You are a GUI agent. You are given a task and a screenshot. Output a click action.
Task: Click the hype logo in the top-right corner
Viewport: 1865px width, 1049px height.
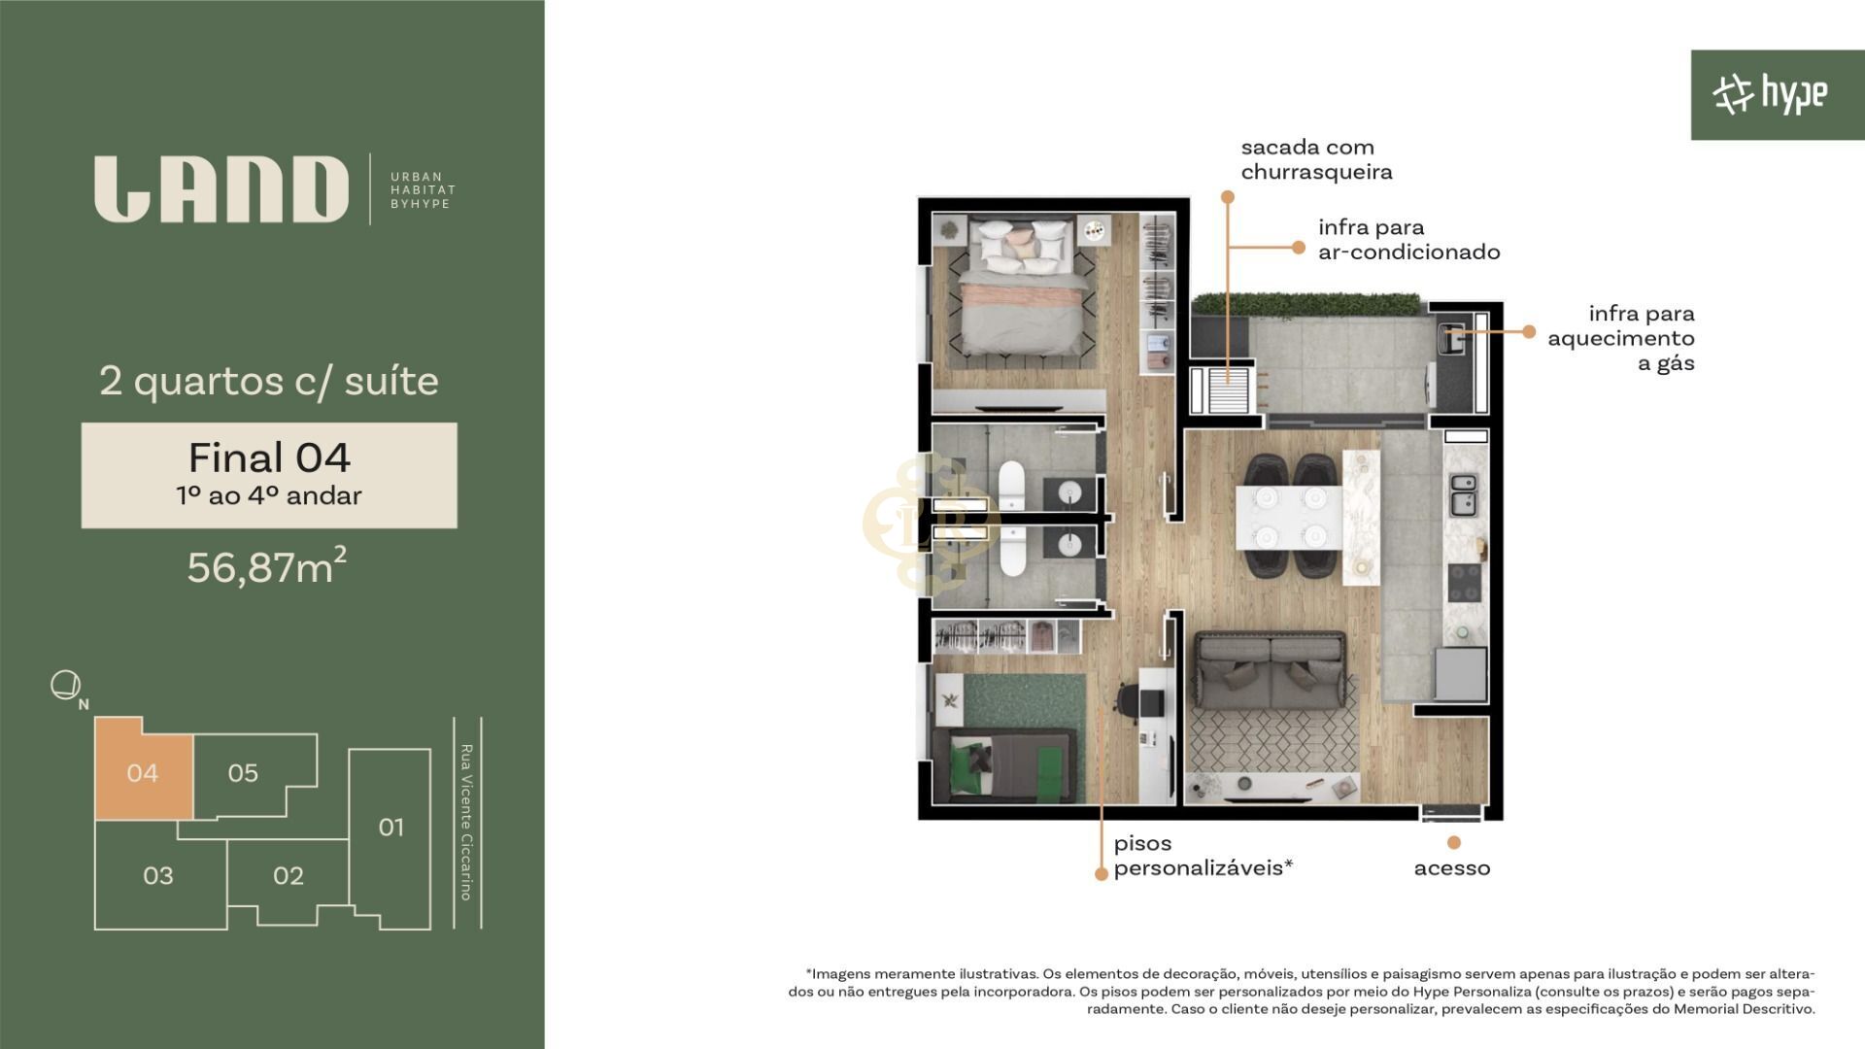coord(1769,94)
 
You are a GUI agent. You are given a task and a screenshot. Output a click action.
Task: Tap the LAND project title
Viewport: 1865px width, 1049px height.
coord(221,189)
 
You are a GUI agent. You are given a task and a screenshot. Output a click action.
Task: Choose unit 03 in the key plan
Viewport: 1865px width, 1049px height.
coord(159,875)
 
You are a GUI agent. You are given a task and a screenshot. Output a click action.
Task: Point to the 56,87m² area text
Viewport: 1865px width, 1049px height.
coord(266,566)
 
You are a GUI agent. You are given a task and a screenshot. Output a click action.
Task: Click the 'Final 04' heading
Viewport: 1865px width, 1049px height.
coord(269,457)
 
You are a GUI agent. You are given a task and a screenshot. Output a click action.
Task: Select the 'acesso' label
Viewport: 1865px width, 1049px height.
coord(1452,868)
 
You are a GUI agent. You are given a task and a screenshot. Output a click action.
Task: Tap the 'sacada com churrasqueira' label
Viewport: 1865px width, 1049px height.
coord(1316,160)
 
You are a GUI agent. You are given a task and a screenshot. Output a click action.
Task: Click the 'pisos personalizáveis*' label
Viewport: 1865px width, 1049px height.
coord(1203,856)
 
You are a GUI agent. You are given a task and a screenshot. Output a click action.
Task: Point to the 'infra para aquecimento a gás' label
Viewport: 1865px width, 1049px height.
coord(1621,339)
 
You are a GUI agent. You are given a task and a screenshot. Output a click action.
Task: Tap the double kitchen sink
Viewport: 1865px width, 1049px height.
coord(1463,494)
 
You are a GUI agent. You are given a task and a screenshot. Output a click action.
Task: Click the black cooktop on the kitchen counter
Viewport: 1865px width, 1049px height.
coord(1464,582)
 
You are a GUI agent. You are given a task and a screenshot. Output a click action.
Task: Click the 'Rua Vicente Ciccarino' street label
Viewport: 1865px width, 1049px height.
coord(466,823)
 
